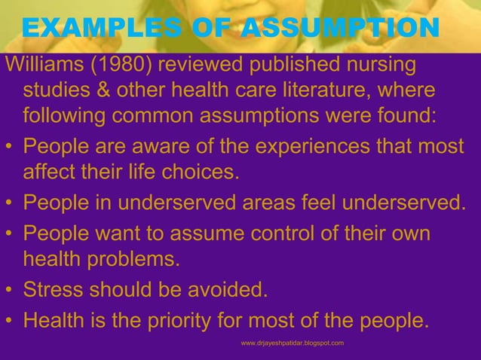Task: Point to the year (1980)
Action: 115,66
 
